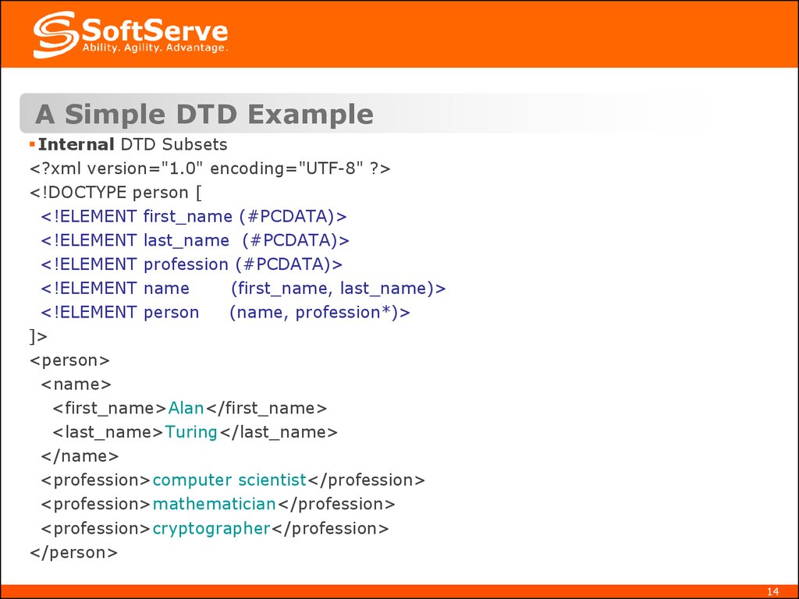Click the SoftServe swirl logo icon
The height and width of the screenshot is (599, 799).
55,34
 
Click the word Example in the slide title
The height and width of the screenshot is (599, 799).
311,114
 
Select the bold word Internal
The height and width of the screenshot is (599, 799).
76,144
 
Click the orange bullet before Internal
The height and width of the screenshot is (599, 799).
32,144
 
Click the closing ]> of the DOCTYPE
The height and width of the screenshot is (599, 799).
38,336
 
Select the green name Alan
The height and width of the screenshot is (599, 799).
186,408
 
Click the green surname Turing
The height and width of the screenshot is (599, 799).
191,432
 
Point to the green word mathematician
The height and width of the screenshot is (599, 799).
215,504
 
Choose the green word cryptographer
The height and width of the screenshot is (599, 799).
211,528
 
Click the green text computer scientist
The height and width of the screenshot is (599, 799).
229,480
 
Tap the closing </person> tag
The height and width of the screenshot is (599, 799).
73,552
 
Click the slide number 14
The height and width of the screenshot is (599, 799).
773,590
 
